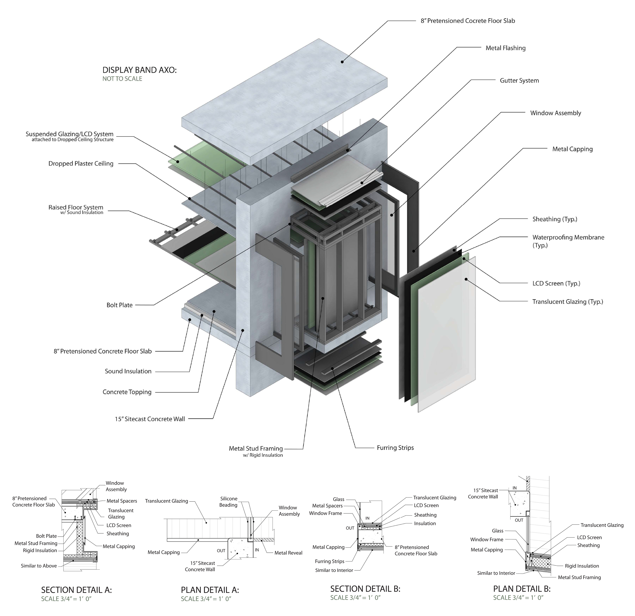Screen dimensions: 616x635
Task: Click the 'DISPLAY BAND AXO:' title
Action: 139,70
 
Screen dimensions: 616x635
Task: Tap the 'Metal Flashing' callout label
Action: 505,48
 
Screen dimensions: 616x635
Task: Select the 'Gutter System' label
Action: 519,80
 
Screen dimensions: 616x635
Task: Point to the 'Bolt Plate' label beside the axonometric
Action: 120,305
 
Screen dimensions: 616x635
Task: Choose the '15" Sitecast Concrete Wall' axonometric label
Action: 150,419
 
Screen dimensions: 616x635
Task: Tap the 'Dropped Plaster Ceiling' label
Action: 81,164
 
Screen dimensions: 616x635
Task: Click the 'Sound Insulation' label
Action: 128,371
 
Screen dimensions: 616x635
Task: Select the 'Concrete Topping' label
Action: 127,392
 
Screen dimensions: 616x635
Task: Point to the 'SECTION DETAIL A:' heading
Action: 76,590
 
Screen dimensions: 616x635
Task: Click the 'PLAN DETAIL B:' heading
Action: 522,588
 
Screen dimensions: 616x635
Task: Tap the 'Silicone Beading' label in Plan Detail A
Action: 229,502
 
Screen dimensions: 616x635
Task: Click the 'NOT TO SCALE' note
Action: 122,79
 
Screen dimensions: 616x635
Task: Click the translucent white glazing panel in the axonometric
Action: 447,334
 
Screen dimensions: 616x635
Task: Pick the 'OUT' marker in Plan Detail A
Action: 221,551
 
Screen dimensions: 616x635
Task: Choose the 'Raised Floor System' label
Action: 76,207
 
